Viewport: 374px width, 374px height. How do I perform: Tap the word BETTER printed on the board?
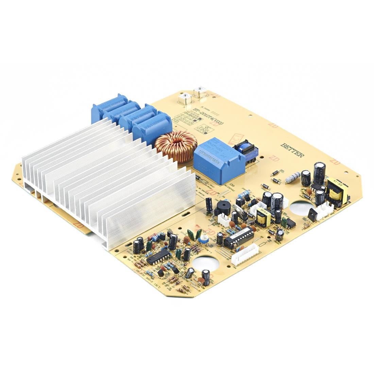[x=292, y=150]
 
